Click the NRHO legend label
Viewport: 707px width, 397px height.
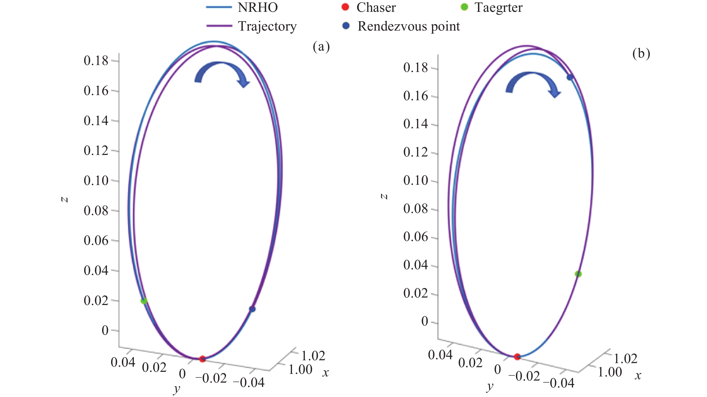coord(258,7)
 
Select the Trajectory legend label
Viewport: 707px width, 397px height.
coord(267,26)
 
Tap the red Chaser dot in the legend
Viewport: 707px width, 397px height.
coord(345,7)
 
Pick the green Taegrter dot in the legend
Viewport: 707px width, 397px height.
coord(464,7)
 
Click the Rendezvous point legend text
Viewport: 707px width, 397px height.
coord(408,26)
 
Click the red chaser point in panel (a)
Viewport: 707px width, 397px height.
coord(202,358)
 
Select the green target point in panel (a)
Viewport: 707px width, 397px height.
coord(144,300)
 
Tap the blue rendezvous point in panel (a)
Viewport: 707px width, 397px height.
coord(252,309)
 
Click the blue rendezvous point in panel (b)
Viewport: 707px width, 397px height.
coord(570,77)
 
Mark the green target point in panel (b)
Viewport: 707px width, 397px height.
coord(578,274)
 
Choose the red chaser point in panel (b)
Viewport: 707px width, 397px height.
coord(517,357)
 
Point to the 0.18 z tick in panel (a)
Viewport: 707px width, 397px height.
coord(96,61)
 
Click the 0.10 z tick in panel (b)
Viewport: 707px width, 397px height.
coord(416,181)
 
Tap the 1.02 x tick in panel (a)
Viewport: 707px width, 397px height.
coord(313,356)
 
